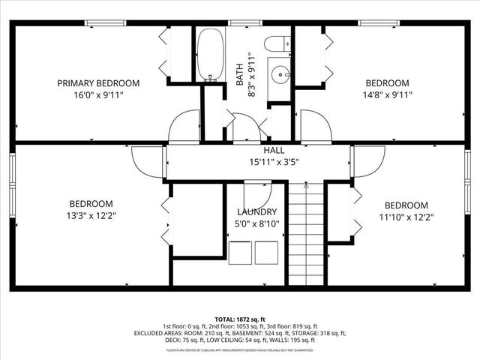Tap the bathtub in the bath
pos(210,55)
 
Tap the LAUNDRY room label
pos(257,212)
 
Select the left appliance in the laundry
pos(241,252)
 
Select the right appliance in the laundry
pos(266,252)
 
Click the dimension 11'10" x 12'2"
pos(406,217)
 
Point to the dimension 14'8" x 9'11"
pos(387,94)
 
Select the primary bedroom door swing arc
pos(183,127)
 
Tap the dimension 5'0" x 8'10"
pos(257,223)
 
